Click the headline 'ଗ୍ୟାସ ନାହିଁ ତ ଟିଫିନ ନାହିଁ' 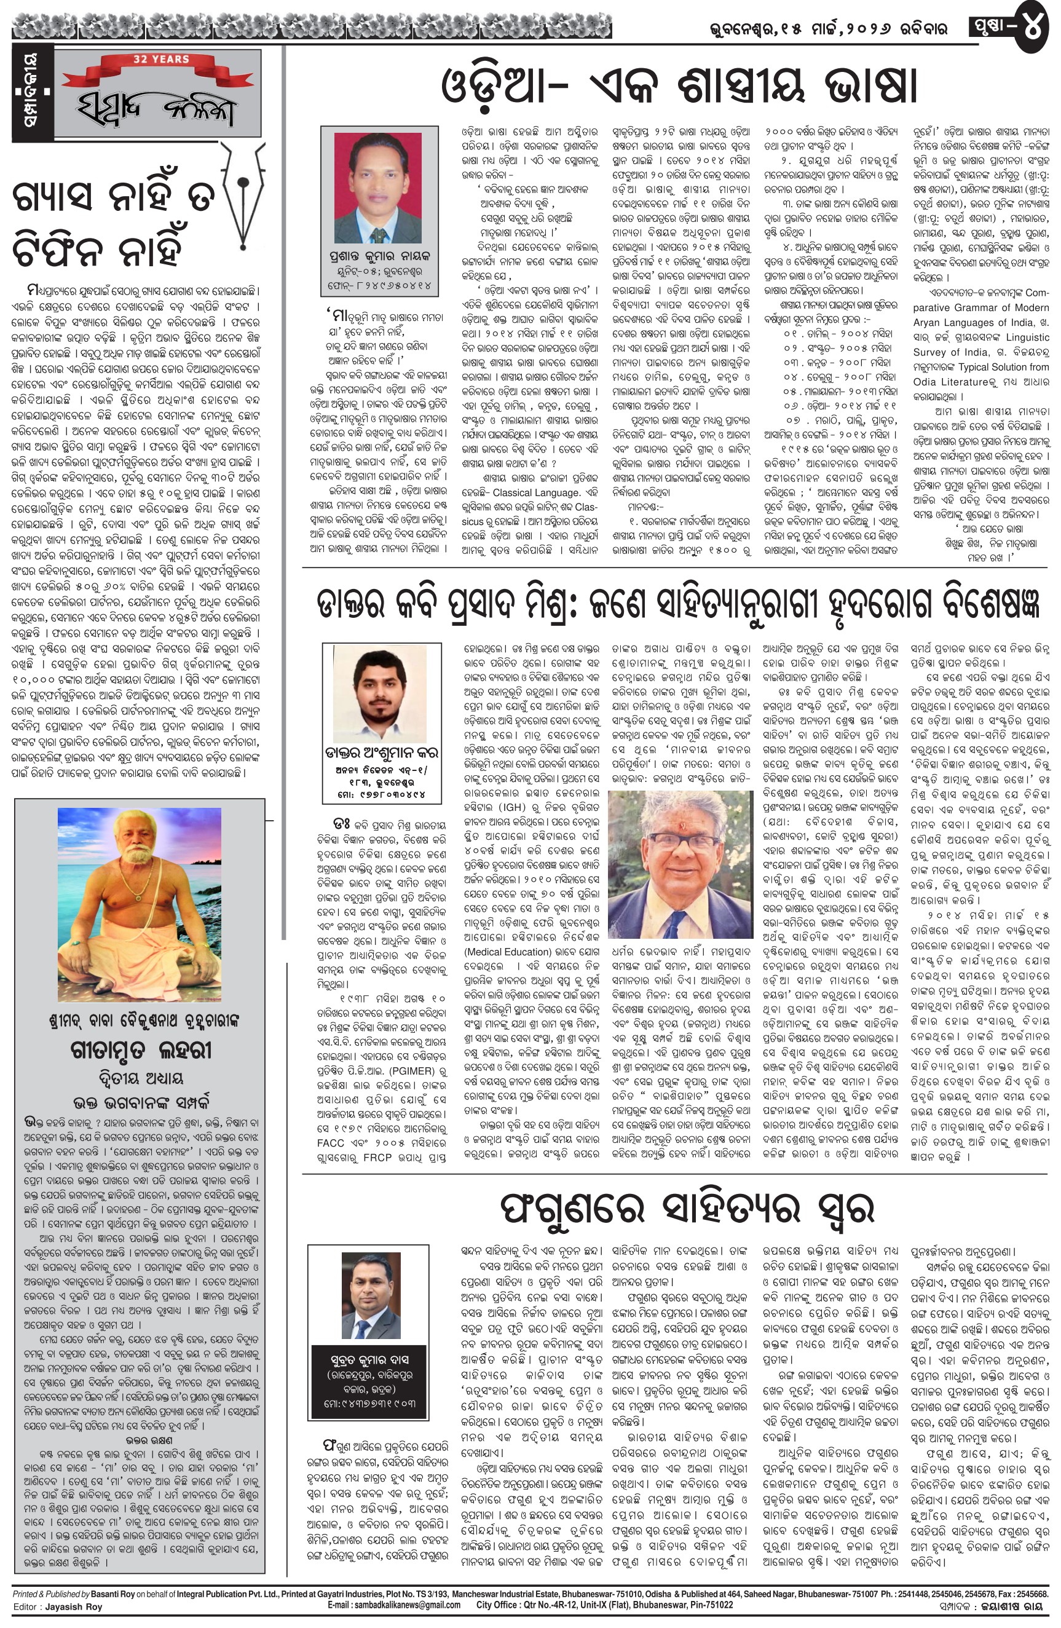click(x=114, y=224)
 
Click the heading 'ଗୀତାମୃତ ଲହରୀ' click(x=141, y=1051)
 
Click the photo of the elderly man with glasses click(x=680, y=864)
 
